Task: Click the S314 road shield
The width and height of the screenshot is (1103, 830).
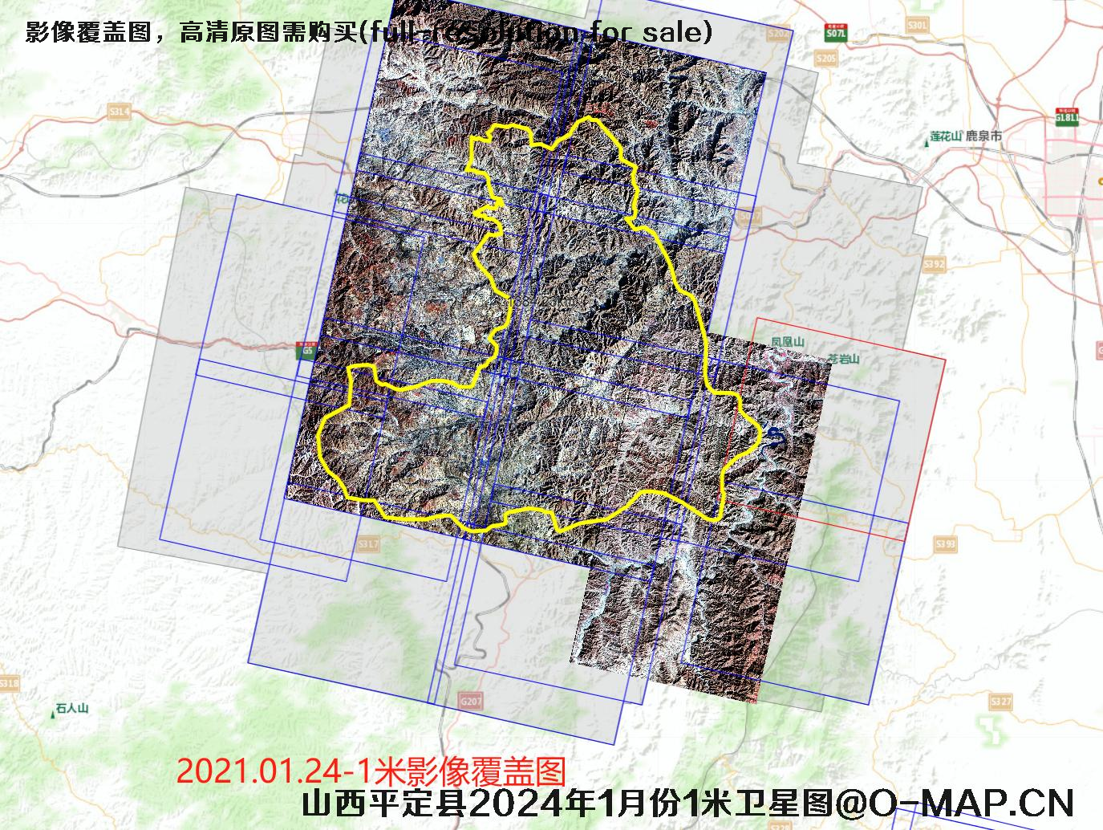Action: [x=120, y=111]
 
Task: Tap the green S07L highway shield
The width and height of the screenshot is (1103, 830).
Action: [x=835, y=34]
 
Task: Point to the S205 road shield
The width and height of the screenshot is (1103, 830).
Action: [x=825, y=59]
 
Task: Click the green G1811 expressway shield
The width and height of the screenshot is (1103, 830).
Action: [x=1067, y=117]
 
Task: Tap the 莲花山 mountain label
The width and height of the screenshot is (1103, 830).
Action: [x=945, y=136]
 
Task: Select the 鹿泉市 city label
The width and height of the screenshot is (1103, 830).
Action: [x=984, y=136]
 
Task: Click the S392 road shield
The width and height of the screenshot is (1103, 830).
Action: [x=935, y=264]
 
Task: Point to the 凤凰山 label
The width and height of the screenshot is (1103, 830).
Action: [x=788, y=342]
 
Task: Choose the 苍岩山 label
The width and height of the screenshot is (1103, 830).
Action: [x=843, y=359]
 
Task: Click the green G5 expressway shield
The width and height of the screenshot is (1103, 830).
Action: [x=306, y=350]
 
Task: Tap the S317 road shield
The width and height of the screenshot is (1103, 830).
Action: [x=368, y=545]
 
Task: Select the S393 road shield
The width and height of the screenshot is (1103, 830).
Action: [x=946, y=545]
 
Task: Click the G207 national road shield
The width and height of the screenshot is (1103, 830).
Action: [x=472, y=702]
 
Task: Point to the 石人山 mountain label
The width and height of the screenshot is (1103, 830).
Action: [x=71, y=709]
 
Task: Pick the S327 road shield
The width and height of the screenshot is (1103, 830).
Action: [x=1000, y=702]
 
